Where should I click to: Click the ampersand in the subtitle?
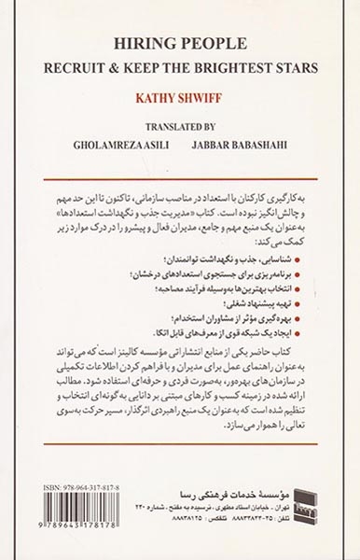[x=136, y=69]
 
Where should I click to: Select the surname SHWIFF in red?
[x=204, y=95]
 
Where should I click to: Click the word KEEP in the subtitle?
[x=160, y=69]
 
